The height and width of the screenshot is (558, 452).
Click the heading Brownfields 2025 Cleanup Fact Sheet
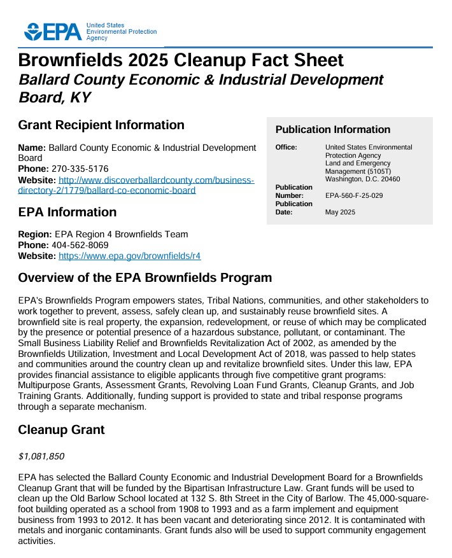point(181,60)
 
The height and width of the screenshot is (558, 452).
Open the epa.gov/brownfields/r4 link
point(130,256)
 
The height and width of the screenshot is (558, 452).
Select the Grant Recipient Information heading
point(101,125)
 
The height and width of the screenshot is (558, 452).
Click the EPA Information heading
point(67,212)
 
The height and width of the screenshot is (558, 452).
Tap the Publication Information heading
point(333,130)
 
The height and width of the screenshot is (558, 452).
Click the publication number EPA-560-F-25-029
point(354,196)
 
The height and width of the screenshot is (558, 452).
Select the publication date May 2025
point(340,213)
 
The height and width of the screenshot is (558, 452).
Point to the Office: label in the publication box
point(286,148)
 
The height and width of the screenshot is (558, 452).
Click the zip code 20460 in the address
point(390,179)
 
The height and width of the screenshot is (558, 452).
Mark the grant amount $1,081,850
point(41,456)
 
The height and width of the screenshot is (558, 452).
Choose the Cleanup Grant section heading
point(61,430)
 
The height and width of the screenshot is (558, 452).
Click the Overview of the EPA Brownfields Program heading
point(145,278)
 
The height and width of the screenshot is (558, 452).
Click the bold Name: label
point(32,148)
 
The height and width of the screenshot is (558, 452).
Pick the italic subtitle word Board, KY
point(55,98)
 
